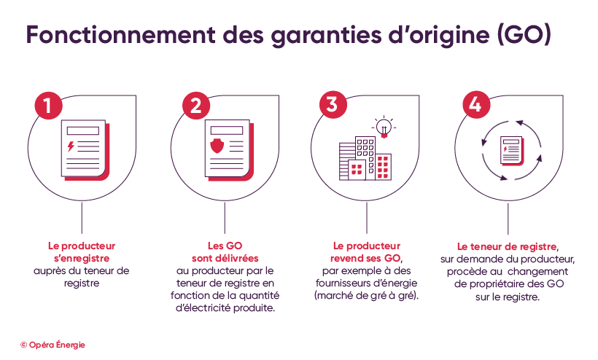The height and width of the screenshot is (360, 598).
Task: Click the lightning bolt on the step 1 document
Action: pyautogui.click(x=71, y=146)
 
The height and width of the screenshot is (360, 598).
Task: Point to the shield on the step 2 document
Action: pyautogui.click(x=217, y=147)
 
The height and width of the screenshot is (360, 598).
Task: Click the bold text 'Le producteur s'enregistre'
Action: pyautogui.click(x=81, y=251)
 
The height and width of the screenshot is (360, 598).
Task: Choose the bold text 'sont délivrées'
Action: pyautogui.click(x=225, y=258)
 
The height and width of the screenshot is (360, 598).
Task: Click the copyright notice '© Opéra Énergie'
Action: pyautogui.click(x=53, y=345)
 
